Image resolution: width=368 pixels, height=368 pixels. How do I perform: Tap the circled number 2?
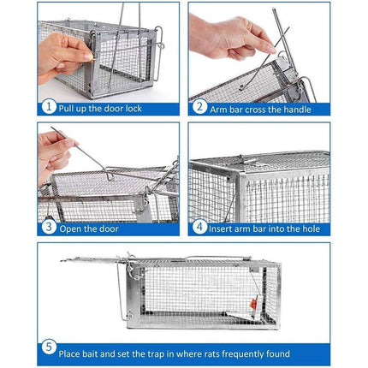coord(200,109)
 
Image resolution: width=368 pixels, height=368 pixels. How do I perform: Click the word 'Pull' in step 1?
coord(70,109)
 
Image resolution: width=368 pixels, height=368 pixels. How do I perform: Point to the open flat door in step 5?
coord(94,259)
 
